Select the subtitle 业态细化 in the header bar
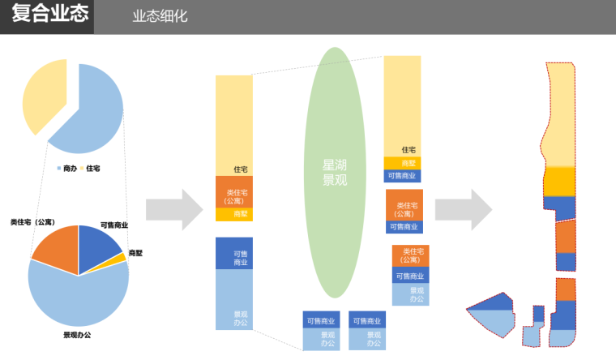click(x=160, y=16)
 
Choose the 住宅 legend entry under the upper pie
click(x=92, y=168)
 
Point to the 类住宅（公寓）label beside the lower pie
click(x=32, y=222)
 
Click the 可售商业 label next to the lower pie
click(x=114, y=225)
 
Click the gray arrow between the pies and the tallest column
click(x=173, y=209)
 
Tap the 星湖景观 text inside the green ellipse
click(x=335, y=172)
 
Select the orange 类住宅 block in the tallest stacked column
click(x=234, y=191)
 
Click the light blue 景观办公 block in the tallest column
click(x=234, y=300)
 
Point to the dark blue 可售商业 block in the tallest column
click(x=234, y=253)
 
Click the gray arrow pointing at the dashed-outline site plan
click(x=463, y=209)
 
